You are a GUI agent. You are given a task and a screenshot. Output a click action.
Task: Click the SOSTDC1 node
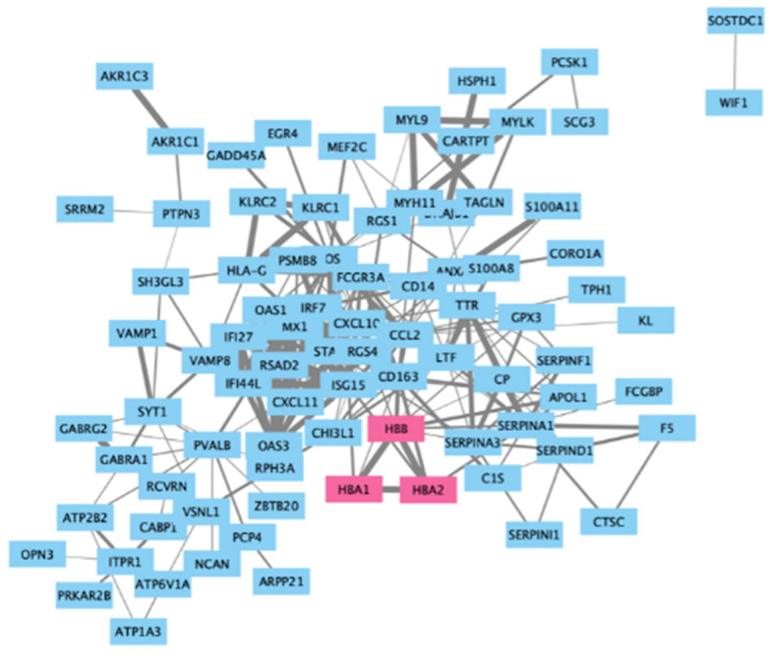click(735, 22)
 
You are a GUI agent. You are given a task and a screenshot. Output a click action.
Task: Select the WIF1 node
click(734, 101)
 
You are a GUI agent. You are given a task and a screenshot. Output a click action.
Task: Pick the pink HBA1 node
click(354, 489)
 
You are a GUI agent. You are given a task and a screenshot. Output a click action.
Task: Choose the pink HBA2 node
click(429, 490)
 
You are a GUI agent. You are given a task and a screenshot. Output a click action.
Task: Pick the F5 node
click(667, 428)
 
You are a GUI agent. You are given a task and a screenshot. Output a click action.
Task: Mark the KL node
click(645, 320)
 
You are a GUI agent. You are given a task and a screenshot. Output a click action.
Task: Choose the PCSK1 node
click(569, 62)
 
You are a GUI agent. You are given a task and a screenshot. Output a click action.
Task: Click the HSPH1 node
click(477, 81)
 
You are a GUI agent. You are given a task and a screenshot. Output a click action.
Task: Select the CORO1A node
click(573, 254)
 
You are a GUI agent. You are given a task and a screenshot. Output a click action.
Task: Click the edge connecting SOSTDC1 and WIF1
click(734, 61)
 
